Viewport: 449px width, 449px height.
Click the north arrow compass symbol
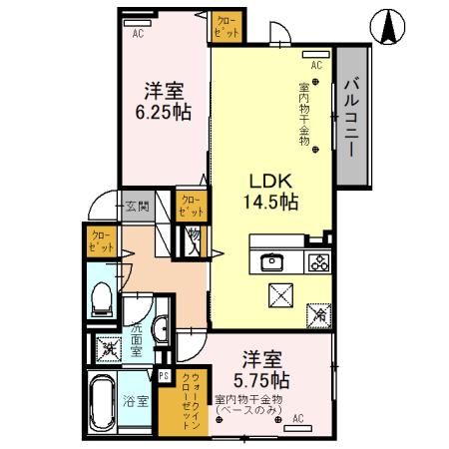pyautogui.click(x=387, y=27)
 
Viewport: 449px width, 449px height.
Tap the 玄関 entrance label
pyautogui.click(x=137, y=208)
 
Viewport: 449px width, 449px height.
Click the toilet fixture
pyautogui.click(x=101, y=297)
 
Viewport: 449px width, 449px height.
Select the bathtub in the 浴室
pyautogui.click(x=102, y=401)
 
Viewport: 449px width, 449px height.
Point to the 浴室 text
pyautogui.click(x=136, y=402)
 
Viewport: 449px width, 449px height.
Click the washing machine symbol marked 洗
pyautogui.click(x=106, y=349)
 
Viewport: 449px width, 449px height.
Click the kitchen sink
pyautogui.click(x=272, y=263)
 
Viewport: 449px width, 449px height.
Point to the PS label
pyautogui.click(x=165, y=375)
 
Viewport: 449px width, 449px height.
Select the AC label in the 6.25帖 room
pyautogui.click(x=137, y=31)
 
